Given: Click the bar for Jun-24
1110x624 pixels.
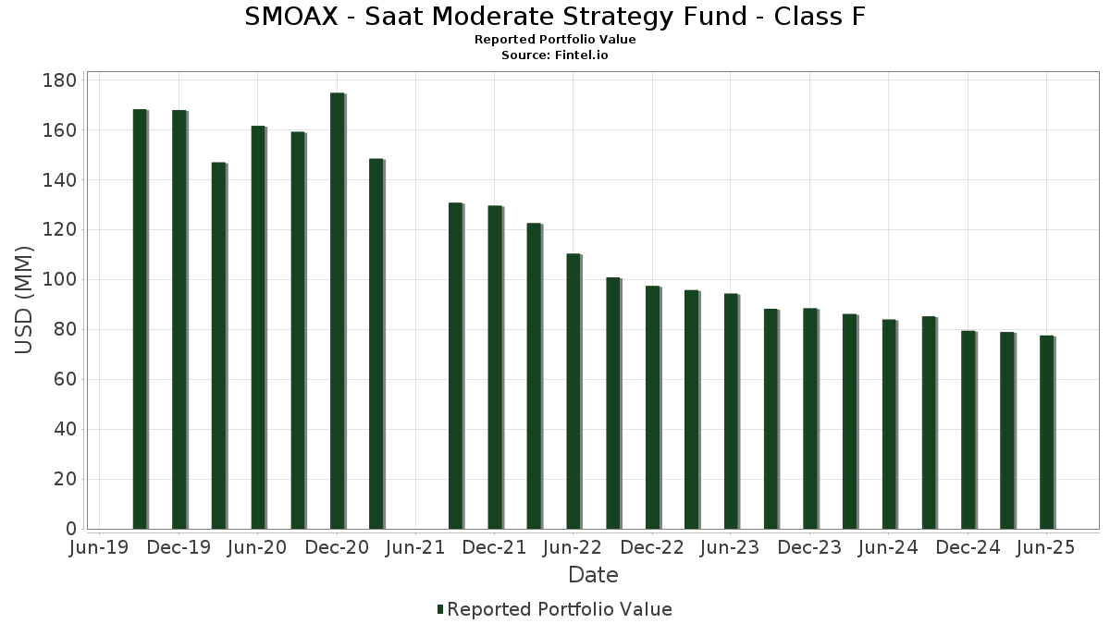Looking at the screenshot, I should tap(889, 424).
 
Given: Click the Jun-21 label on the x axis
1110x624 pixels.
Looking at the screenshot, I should tap(415, 548).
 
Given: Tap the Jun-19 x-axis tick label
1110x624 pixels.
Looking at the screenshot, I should tap(100, 548).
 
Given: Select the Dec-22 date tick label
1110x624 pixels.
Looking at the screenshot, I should tap(652, 548).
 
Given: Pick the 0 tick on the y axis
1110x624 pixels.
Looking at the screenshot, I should tap(70, 530).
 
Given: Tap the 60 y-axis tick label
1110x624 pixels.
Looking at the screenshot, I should tap(65, 380).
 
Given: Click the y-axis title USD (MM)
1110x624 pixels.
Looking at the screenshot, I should tap(25, 300).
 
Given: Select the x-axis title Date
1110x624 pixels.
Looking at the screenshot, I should tap(593, 575).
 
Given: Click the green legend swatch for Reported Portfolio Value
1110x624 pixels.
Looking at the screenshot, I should tap(440, 609).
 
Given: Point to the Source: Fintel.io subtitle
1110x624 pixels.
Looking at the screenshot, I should tap(555, 55).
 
